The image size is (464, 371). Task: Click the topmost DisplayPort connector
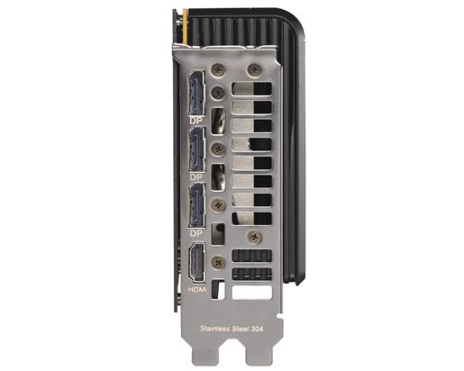coord(196,94)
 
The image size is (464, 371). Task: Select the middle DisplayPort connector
coord(197,149)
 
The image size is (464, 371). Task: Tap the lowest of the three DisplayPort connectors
coord(197,205)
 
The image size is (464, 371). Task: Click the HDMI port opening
coord(196,262)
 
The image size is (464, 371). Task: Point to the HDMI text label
coord(197,290)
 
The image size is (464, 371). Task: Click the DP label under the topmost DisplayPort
coord(196,121)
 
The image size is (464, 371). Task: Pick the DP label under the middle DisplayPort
coord(196,177)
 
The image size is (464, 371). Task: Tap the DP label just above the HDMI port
coord(196,233)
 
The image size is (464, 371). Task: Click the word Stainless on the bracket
coord(214,329)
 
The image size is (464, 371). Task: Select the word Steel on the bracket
coord(240,329)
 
